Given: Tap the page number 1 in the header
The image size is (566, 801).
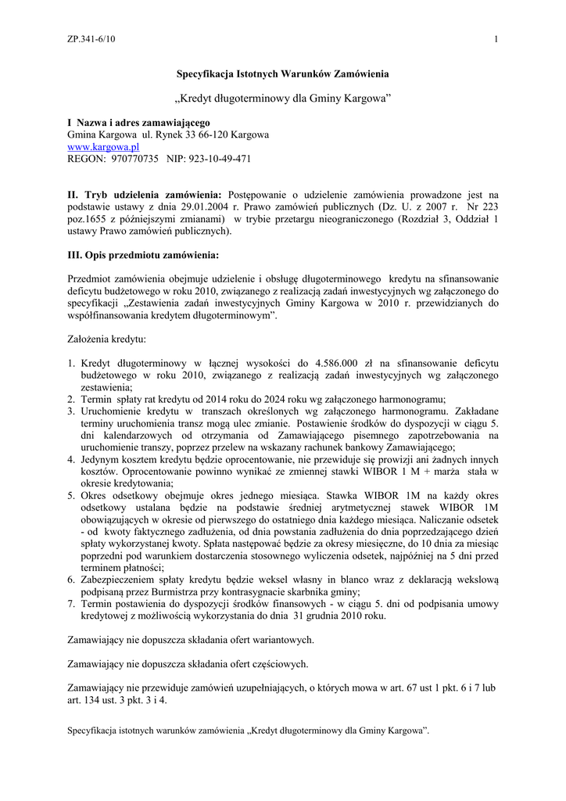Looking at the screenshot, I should tap(496, 40).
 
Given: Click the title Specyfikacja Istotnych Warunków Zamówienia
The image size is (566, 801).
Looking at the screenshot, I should tap(282, 74).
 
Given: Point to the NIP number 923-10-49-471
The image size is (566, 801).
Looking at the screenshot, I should tap(214, 158).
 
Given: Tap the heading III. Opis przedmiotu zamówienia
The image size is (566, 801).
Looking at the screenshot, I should tap(143, 255).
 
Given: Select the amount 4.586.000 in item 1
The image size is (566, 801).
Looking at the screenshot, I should tap(340, 363).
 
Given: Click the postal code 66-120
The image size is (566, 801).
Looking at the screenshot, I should tap(215, 135).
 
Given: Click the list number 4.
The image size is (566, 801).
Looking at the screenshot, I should tap(70, 459).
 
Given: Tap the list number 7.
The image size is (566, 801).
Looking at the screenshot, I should tap(70, 605).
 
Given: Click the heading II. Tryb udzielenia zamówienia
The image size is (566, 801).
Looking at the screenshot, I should tap(145, 194).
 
